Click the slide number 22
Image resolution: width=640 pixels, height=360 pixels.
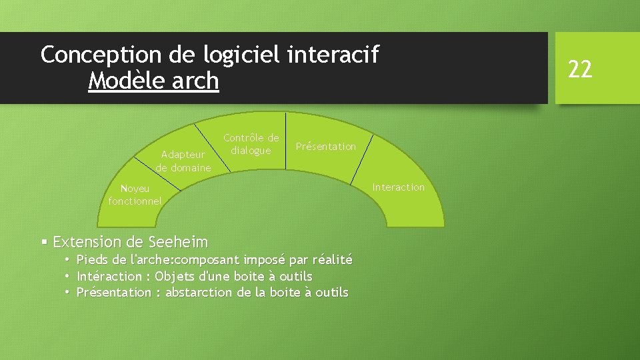[579, 68]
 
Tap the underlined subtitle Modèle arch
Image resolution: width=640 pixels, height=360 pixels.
[153, 81]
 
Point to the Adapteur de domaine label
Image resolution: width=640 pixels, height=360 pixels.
[183, 161]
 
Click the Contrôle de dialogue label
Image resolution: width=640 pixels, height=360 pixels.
[251, 144]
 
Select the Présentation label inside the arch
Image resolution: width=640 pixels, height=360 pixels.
[325, 146]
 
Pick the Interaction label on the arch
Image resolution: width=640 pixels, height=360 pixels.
[398, 187]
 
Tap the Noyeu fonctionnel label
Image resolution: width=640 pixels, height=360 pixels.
[135, 195]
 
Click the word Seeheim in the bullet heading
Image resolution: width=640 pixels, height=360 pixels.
[178, 241]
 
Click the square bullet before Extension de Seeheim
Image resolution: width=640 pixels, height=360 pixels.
[44, 241]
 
